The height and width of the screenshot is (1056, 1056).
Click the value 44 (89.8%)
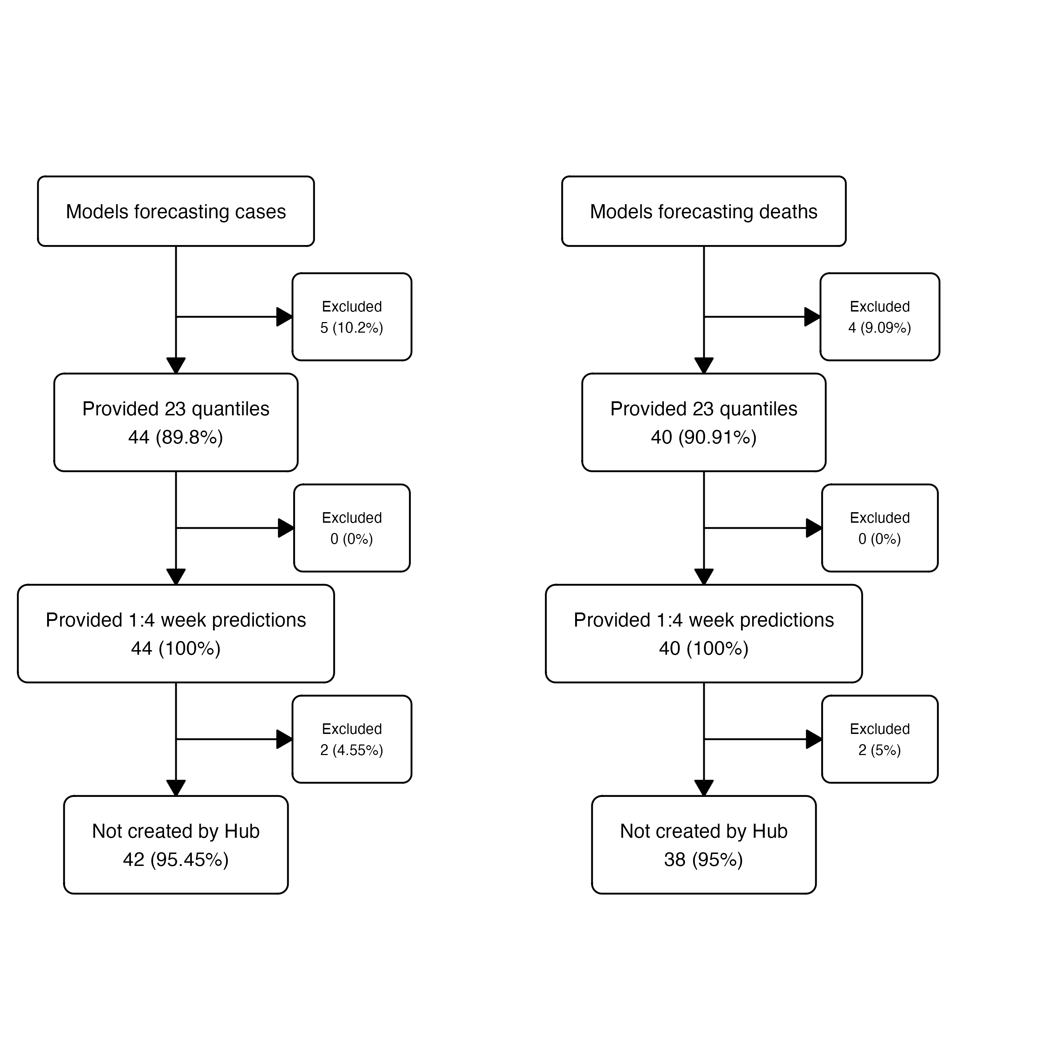point(176,437)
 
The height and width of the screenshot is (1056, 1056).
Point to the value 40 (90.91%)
point(704,437)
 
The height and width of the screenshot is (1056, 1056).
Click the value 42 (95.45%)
point(176,860)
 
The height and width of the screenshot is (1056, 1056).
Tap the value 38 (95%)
point(704,860)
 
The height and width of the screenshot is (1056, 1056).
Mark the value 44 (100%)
point(176,649)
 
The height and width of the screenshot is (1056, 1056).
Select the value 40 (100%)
point(704,649)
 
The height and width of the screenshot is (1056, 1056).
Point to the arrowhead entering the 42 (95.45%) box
point(176,788)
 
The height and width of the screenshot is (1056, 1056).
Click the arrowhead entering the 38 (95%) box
point(704,788)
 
